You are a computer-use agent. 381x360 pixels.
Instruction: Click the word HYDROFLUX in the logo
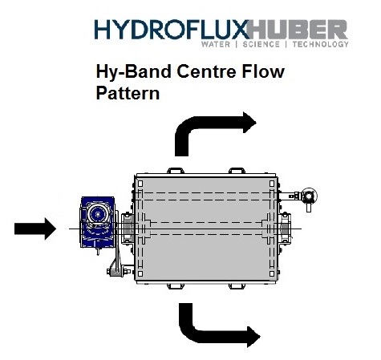[172, 30]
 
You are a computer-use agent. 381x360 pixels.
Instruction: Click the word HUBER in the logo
[298, 30]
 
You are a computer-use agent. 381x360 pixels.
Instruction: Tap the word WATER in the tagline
[216, 44]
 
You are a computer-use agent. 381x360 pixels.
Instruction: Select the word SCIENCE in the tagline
[261, 44]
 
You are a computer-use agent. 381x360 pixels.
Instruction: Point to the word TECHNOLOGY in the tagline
[321, 44]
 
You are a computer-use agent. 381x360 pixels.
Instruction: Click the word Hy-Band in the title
[133, 71]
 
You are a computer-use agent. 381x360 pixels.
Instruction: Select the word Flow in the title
[263, 71]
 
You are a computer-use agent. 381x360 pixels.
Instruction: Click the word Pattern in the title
[128, 93]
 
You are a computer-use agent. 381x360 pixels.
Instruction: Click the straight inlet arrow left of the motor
[35, 229]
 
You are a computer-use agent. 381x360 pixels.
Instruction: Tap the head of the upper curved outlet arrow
[249, 123]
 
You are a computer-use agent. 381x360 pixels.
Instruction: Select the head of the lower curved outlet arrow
[253, 337]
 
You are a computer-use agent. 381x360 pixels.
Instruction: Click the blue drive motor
[98, 222]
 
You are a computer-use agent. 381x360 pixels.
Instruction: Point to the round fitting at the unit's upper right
[309, 196]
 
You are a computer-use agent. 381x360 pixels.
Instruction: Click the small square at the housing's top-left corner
[140, 184]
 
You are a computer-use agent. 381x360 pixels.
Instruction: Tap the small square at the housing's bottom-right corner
[272, 273]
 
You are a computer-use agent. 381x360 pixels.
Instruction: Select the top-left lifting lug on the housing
[176, 171]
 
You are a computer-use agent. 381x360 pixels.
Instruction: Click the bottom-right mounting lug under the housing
[237, 286]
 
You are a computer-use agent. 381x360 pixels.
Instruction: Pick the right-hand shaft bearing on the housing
[285, 229]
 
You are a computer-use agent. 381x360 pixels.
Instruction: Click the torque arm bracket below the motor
[116, 269]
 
